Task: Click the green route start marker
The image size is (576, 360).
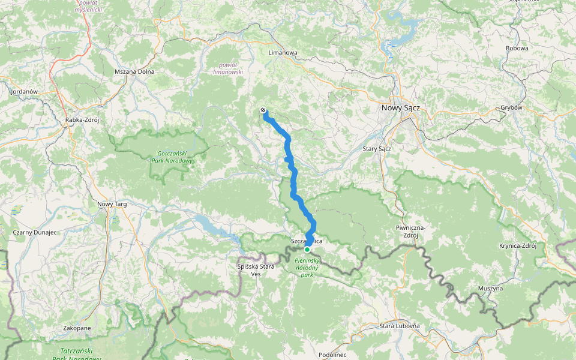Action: [x=307, y=249]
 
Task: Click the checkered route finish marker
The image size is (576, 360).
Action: [x=263, y=110]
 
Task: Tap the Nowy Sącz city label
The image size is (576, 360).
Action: [x=401, y=108]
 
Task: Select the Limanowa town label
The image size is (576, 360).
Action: [x=283, y=52]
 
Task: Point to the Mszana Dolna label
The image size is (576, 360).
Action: [x=134, y=72]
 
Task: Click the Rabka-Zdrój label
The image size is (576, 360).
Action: [x=82, y=120]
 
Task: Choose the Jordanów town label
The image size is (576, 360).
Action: [x=25, y=91]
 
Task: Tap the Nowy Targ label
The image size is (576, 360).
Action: [x=113, y=205]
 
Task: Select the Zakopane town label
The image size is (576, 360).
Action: [x=77, y=328]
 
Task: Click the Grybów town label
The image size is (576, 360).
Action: [x=512, y=108]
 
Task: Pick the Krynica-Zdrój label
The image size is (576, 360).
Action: [x=521, y=246]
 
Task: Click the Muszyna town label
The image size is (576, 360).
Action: [x=490, y=289]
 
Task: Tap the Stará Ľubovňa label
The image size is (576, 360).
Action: [x=400, y=326]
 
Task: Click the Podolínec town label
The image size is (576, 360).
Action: [x=333, y=355]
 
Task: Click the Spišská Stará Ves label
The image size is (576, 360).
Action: [x=256, y=269]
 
